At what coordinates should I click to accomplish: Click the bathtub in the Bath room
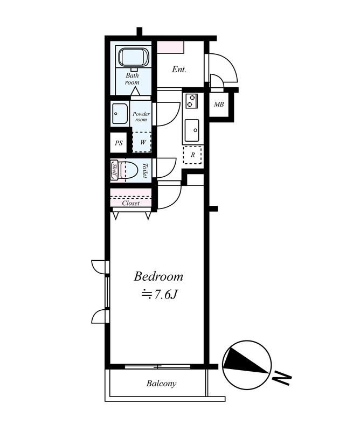(134, 58)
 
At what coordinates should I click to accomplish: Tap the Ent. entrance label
(179, 69)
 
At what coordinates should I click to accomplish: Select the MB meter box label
(219, 105)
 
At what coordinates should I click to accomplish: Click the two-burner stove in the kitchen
(191, 101)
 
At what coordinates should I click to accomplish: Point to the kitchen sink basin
(192, 130)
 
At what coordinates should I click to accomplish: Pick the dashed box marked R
(192, 155)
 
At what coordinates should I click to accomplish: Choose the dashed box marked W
(142, 142)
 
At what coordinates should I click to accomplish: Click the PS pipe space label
(119, 143)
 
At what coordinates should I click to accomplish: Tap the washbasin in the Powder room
(120, 114)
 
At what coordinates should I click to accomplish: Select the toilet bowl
(129, 170)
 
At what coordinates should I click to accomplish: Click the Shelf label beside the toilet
(115, 170)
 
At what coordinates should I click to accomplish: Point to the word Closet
(131, 203)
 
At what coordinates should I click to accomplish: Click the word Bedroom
(158, 276)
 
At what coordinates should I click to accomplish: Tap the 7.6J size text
(165, 295)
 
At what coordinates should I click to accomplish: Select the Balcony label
(162, 384)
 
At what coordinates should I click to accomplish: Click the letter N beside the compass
(282, 379)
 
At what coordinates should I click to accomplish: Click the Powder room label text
(141, 116)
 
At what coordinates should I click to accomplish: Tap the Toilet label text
(144, 170)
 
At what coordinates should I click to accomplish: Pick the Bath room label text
(132, 79)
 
